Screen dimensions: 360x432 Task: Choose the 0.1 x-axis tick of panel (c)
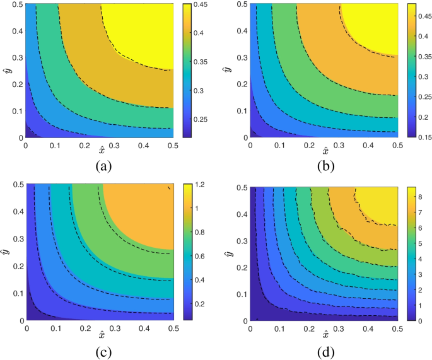click(56, 328)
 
